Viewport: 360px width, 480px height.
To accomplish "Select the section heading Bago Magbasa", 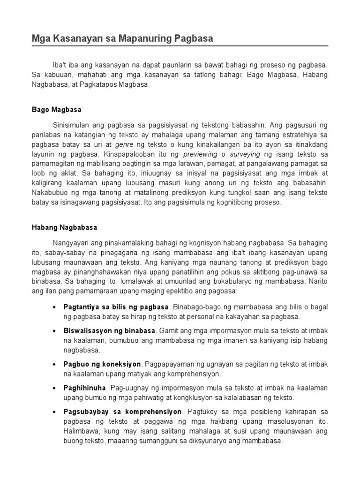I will pos(56,110).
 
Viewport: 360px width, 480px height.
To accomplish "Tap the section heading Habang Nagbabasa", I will pos(64,227).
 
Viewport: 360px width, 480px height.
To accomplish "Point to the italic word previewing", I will pos(201,154).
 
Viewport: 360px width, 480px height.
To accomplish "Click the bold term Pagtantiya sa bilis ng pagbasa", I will pos(116,307).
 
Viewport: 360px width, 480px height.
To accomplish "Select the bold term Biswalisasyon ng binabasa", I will pos(110,330).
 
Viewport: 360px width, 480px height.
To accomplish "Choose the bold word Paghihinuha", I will pos(84,388).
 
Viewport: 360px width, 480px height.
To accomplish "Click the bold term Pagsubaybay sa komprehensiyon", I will pos(122,412).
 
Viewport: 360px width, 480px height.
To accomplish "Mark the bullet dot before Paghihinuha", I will pos(54,388).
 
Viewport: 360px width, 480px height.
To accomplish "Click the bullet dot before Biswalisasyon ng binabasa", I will pos(54,330).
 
